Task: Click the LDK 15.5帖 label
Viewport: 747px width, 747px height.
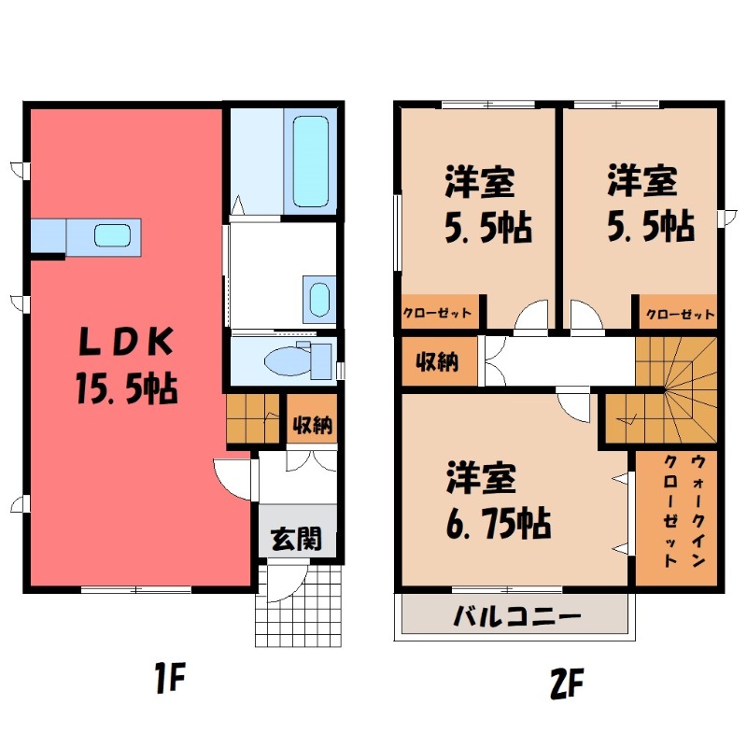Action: click(126, 364)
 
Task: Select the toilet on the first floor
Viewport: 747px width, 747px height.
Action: click(294, 358)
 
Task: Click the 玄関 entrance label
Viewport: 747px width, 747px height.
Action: click(297, 538)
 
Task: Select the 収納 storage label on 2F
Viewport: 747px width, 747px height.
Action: click(436, 361)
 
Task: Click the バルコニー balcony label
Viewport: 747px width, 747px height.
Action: click(517, 617)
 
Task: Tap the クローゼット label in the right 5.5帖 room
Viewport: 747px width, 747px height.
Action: click(679, 314)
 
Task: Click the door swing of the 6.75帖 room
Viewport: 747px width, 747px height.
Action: click(571, 404)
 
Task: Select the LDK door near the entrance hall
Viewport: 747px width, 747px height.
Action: click(234, 476)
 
